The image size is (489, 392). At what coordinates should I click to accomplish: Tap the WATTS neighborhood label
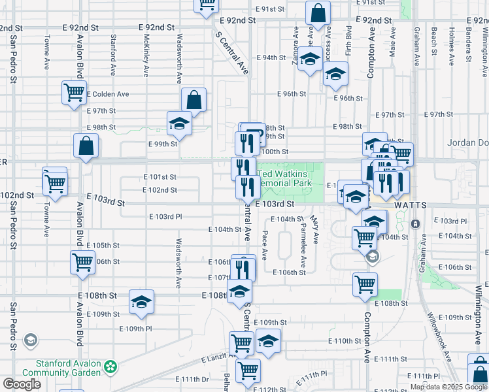click(x=410, y=204)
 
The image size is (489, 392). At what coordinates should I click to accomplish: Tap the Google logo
click(x=22, y=384)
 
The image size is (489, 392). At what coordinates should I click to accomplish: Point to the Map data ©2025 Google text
click(x=448, y=387)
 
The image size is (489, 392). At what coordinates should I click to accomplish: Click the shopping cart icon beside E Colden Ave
click(x=74, y=92)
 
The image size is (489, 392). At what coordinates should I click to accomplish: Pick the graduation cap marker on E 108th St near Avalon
click(x=141, y=301)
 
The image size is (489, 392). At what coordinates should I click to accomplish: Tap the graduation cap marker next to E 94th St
click(x=310, y=59)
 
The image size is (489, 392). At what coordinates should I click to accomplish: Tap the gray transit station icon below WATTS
click(x=415, y=224)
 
